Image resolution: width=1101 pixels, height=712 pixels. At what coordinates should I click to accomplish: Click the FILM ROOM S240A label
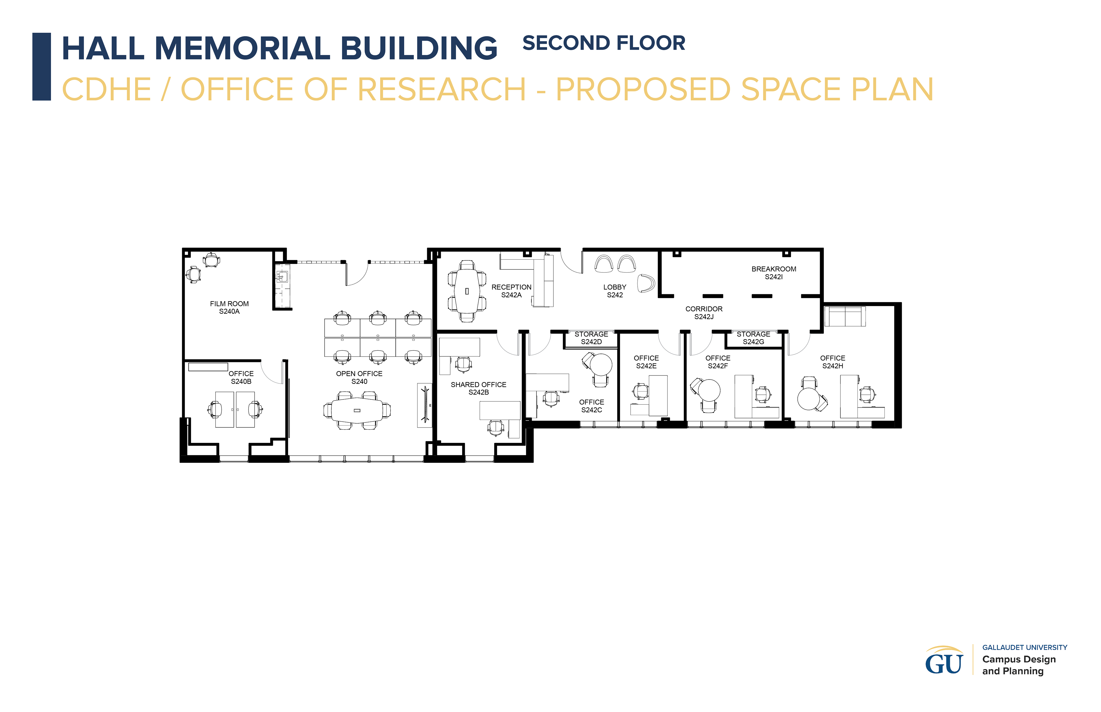point(229,307)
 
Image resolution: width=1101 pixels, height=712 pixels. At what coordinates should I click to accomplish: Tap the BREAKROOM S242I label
point(774,273)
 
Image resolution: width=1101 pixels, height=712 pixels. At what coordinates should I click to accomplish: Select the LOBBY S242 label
point(615,291)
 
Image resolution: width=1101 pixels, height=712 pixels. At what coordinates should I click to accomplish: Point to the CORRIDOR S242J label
point(704,313)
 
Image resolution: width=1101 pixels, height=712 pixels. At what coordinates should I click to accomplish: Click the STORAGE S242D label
point(592,338)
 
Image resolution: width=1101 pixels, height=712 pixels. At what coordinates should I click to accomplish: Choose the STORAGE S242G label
point(753,338)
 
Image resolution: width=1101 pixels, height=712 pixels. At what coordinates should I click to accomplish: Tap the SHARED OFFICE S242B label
point(479,388)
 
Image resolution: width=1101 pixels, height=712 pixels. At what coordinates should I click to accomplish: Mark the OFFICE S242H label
point(833,362)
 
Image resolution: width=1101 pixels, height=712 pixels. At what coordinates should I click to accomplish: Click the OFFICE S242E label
point(646,362)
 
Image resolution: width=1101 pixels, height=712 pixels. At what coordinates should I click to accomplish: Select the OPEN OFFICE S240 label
point(360,377)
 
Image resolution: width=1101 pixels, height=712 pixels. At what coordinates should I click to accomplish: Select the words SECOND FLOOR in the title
point(604,43)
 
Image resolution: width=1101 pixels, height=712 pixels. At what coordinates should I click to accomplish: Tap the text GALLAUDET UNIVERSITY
point(1025,647)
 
